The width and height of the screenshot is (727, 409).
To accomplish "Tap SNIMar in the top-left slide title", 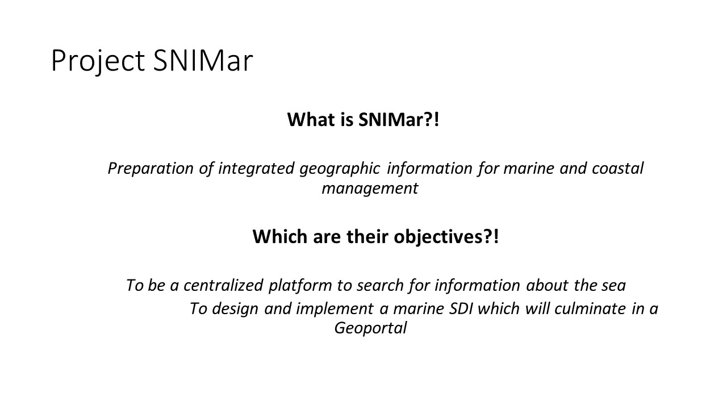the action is (203, 60).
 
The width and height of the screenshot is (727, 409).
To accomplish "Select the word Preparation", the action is (151, 169).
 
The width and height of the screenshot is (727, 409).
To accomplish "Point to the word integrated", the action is (256, 169).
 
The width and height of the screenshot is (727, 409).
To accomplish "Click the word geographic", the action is (340, 169).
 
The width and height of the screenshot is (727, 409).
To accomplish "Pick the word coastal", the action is (617, 169).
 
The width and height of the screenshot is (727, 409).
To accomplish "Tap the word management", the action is (370, 189).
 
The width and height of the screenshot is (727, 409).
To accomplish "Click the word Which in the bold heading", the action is (280, 236).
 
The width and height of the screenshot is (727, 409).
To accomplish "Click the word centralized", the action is (223, 285).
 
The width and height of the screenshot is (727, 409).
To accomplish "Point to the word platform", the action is (300, 286).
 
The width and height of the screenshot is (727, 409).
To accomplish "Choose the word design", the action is (235, 309).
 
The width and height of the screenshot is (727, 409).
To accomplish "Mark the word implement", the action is (335, 309).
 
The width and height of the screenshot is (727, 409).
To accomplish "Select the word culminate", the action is (590, 308).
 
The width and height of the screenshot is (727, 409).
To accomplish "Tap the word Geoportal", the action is (370, 328).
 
